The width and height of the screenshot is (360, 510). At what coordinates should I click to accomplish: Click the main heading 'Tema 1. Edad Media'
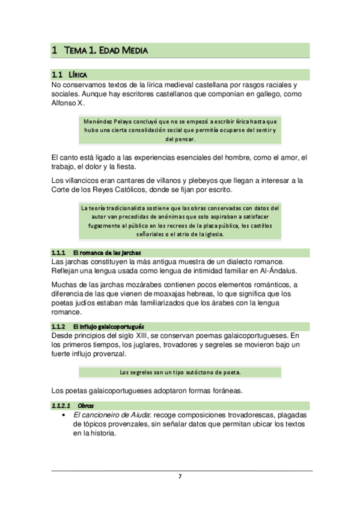click(x=106, y=51)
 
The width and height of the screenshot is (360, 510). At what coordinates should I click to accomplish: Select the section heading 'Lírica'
click(x=78, y=75)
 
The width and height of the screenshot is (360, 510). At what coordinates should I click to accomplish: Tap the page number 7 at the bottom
click(x=180, y=477)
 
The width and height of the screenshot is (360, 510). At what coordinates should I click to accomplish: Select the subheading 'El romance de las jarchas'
click(x=106, y=253)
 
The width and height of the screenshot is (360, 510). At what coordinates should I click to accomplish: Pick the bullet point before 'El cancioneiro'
click(x=64, y=416)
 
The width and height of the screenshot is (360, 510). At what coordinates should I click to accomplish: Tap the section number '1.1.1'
click(x=58, y=253)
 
